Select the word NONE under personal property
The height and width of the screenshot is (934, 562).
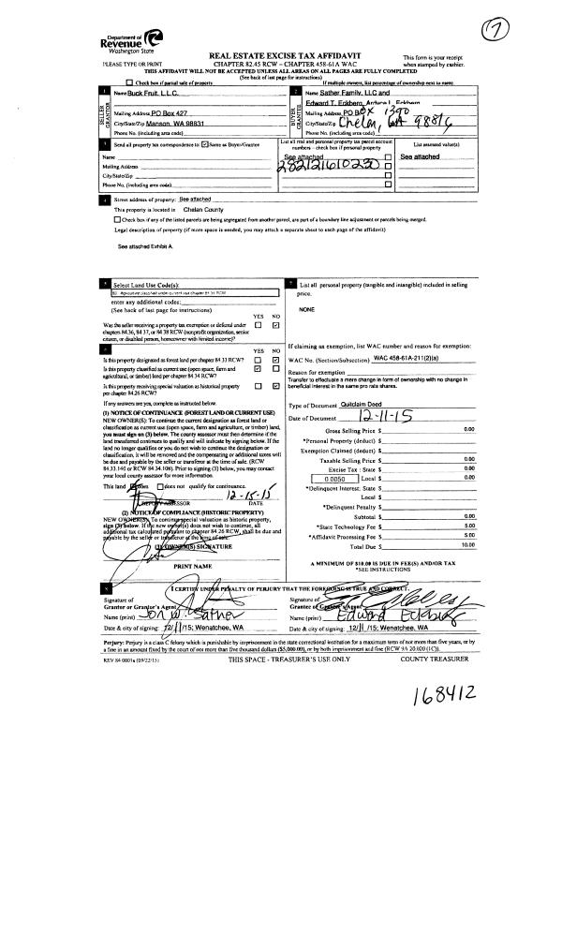tap(305, 309)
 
